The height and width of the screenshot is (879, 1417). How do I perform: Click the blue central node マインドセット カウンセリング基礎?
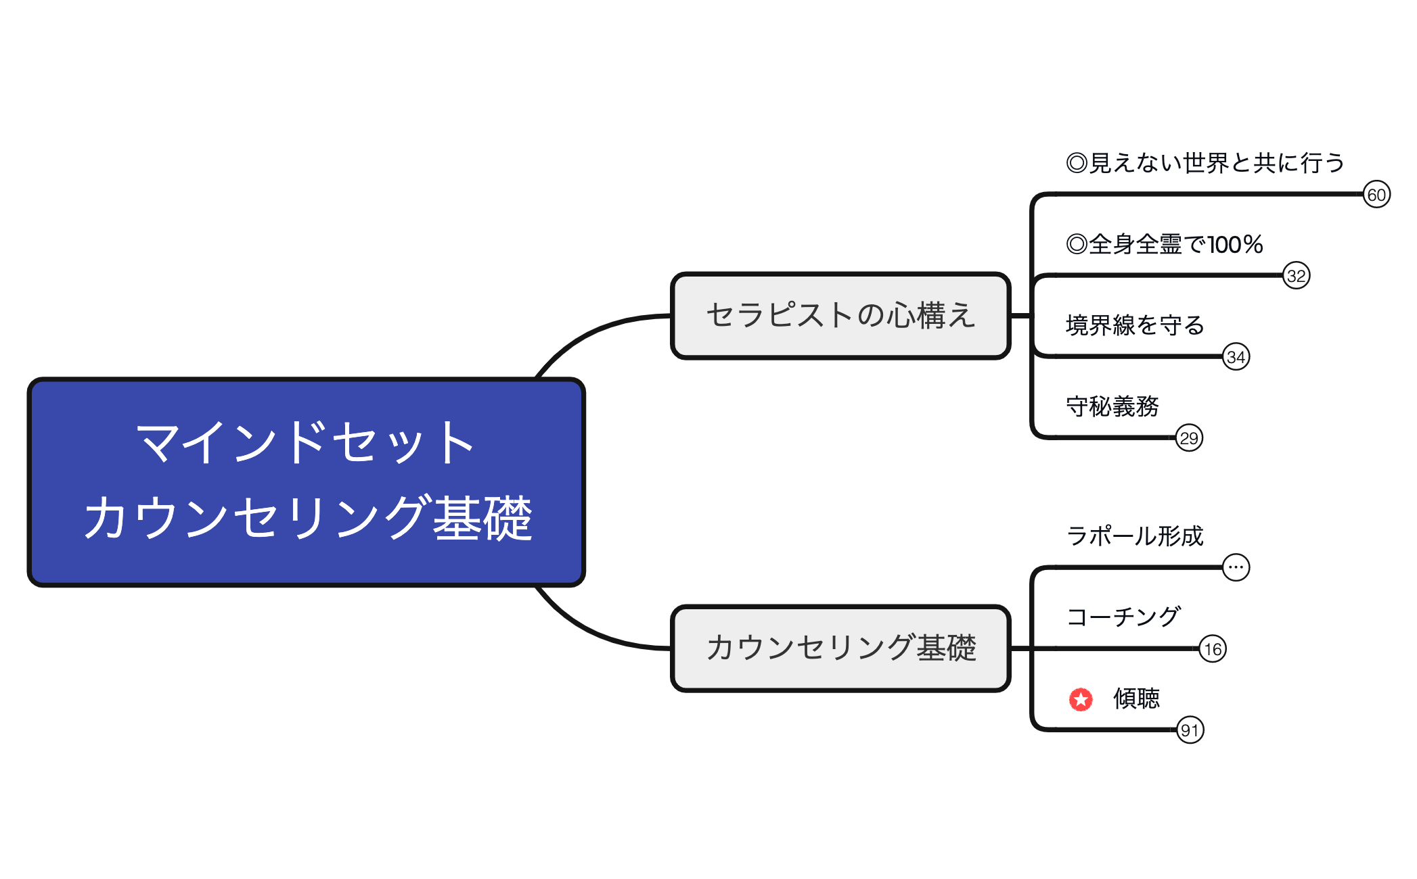pyautogui.click(x=306, y=481)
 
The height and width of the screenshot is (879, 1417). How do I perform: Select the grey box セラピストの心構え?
pyautogui.click(x=840, y=316)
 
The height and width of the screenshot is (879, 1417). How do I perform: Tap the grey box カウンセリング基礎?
pyautogui.click(x=840, y=648)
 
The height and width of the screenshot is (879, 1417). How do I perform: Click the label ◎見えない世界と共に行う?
pyautogui.click(x=1205, y=163)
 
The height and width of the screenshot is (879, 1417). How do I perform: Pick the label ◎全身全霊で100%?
pyautogui.click(x=1164, y=244)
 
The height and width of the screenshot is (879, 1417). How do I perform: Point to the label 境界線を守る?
pyautogui.click(x=1135, y=325)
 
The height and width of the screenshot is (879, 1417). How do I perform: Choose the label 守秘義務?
pyautogui.click(x=1112, y=406)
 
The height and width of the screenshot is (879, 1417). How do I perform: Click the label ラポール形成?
pyautogui.click(x=1135, y=536)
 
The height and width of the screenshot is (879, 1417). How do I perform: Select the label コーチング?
pyautogui.click(x=1123, y=617)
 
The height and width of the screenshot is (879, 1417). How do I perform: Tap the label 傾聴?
pyautogui.click(x=1136, y=698)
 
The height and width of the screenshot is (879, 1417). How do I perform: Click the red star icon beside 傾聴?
pyautogui.click(x=1081, y=699)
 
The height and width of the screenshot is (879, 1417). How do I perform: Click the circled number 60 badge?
pyautogui.click(x=1376, y=195)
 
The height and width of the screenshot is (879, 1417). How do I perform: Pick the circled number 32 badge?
pyautogui.click(x=1296, y=276)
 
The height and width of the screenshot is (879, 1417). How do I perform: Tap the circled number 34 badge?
pyautogui.click(x=1236, y=357)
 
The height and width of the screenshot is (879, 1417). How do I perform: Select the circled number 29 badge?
pyautogui.click(x=1189, y=438)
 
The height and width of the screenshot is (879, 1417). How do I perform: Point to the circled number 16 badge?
pyautogui.click(x=1212, y=649)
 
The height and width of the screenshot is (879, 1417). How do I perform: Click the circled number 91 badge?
pyautogui.click(x=1190, y=730)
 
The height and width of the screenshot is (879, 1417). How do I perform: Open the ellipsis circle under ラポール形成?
pyautogui.click(x=1236, y=567)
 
